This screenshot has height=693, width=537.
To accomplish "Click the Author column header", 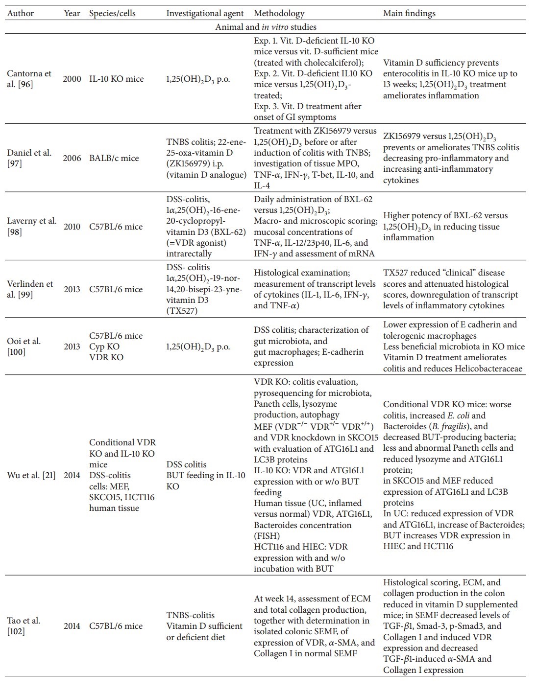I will [21, 13].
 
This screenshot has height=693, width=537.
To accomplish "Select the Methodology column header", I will [279, 13].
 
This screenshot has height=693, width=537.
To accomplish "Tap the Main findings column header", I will [409, 13].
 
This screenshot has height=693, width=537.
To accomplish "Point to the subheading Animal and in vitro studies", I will [266, 27].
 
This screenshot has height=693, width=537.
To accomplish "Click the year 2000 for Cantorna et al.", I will [72, 79].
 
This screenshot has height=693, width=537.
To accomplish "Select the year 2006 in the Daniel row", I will [72, 158].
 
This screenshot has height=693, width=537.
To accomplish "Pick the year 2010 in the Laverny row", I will [72, 227].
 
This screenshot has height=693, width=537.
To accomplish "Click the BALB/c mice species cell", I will [114, 158].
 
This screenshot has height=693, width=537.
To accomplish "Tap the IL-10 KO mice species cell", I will [116, 79].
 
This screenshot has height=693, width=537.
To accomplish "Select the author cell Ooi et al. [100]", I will [24, 346].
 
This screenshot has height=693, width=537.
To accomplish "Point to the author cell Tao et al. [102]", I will [24, 626].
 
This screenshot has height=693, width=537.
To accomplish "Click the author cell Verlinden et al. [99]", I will [29, 289].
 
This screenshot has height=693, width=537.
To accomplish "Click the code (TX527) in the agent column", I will [182, 311].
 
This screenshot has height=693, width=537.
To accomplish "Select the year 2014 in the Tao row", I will [72, 626].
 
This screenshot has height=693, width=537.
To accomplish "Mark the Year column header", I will [72, 13].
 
